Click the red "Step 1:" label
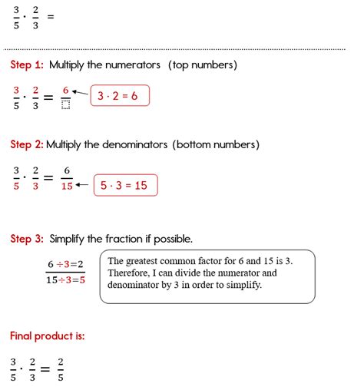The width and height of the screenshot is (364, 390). (x=27, y=65)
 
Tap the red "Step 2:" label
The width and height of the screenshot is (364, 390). (x=27, y=144)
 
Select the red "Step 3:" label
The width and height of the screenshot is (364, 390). (x=27, y=239)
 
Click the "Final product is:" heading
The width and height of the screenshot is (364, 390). (x=47, y=335)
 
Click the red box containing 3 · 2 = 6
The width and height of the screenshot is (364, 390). (x=120, y=96)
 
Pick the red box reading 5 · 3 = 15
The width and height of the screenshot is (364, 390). (x=125, y=186)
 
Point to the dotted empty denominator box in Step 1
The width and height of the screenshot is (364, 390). (x=66, y=104)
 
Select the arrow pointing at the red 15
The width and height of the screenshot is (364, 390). (x=82, y=186)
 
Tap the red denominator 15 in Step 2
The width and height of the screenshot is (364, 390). (x=66, y=186)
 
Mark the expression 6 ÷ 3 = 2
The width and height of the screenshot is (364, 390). (x=65, y=264)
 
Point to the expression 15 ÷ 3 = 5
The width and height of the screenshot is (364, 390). (x=65, y=280)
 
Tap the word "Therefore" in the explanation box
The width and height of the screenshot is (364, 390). (x=131, y=273)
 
